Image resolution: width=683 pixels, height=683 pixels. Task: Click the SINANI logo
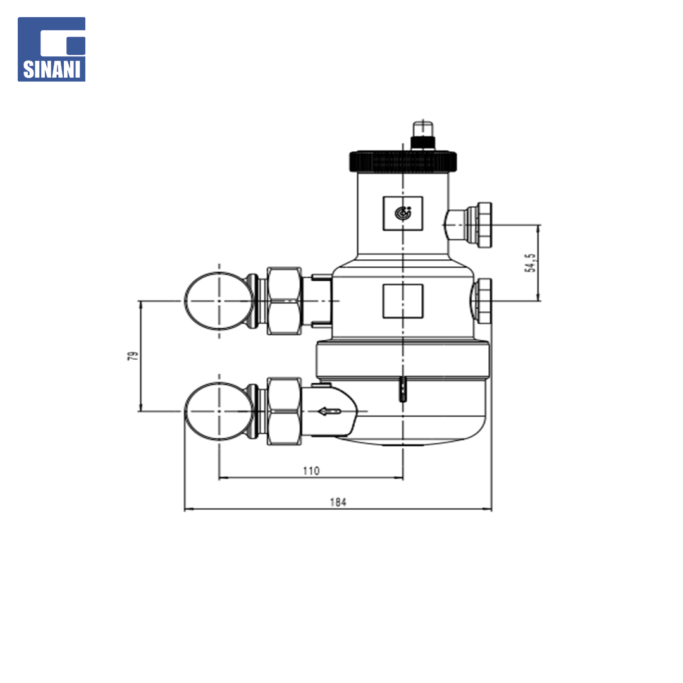[x=51, y=49]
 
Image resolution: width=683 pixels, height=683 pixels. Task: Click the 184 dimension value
[x=338, y=502]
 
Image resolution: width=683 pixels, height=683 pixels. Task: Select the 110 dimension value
[x=311, y=471]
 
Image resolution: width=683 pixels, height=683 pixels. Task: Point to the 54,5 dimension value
[x=530, y=262]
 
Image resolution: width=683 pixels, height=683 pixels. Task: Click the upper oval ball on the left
[x=219, y=300]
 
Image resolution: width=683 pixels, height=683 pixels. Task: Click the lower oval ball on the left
[x=219, y=411]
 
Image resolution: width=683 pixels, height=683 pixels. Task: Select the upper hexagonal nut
[x=284, y=301]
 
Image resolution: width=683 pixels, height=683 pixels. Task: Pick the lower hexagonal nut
[x=284, y=411]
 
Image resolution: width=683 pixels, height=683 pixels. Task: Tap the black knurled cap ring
[x=403, y=161]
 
